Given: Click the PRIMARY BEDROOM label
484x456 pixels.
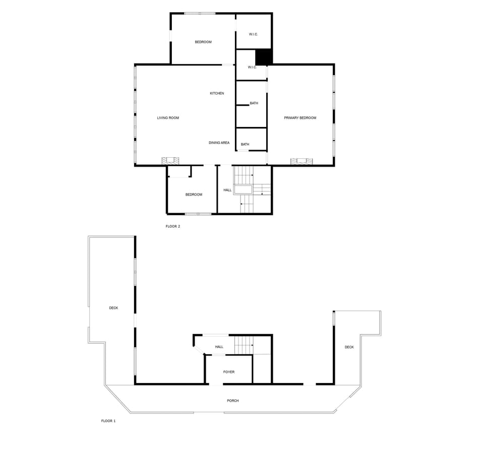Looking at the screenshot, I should tap(300, 118).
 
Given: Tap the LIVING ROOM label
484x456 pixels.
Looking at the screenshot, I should tap(168, 118).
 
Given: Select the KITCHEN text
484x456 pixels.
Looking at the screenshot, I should tap(217, 93).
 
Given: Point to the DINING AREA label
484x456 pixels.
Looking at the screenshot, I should tap(219, 143).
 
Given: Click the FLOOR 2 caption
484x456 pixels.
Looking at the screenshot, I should tap(172, 226).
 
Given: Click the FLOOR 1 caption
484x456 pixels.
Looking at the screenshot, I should tap(108, 421).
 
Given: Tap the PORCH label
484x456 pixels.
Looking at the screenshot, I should tap(232, 401).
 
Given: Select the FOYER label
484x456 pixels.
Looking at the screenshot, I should tap(229, 372).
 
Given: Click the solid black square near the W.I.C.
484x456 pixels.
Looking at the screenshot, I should tap(264, 56).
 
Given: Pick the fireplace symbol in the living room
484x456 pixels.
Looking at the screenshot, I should tap(170, 161).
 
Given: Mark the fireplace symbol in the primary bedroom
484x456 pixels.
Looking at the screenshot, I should tap(301, 161).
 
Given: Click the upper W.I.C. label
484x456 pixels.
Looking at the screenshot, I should tap(253, 34).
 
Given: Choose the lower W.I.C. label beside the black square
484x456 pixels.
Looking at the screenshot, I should tap(252, 67).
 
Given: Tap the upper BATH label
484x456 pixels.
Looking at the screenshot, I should tap(254, 103).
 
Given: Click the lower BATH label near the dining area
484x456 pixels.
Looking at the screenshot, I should tap(245, 145).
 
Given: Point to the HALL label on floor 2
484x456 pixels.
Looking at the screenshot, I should tap(227, 190).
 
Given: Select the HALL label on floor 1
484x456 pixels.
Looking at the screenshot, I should tap(219, 347).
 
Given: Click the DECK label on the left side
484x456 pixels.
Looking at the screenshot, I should tap(113, 308).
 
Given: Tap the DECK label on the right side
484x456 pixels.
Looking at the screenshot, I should tap(349, 347).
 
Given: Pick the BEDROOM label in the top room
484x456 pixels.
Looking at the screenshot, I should tap(203, 42).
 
